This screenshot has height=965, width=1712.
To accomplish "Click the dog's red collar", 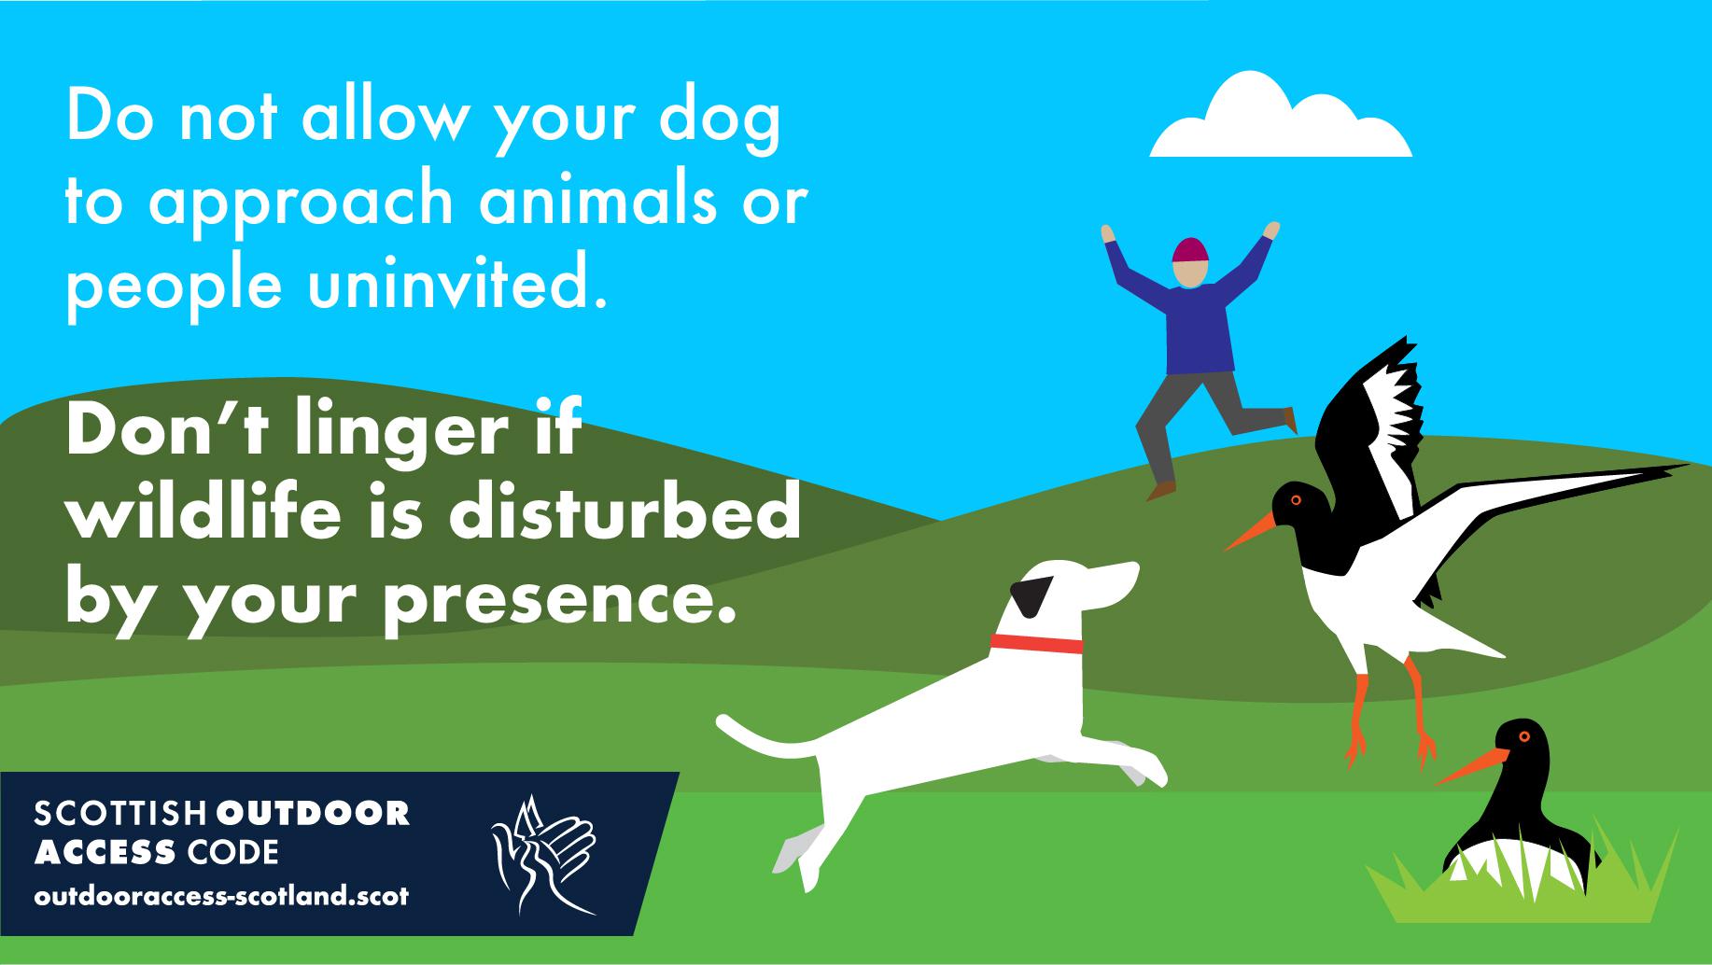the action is tap(1036, 644).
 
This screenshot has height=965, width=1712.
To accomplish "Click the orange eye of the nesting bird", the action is tap(1523, 737).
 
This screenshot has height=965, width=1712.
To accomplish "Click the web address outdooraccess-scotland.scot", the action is tap(221, 897).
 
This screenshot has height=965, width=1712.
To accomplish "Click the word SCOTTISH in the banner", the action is tap(120, 813).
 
